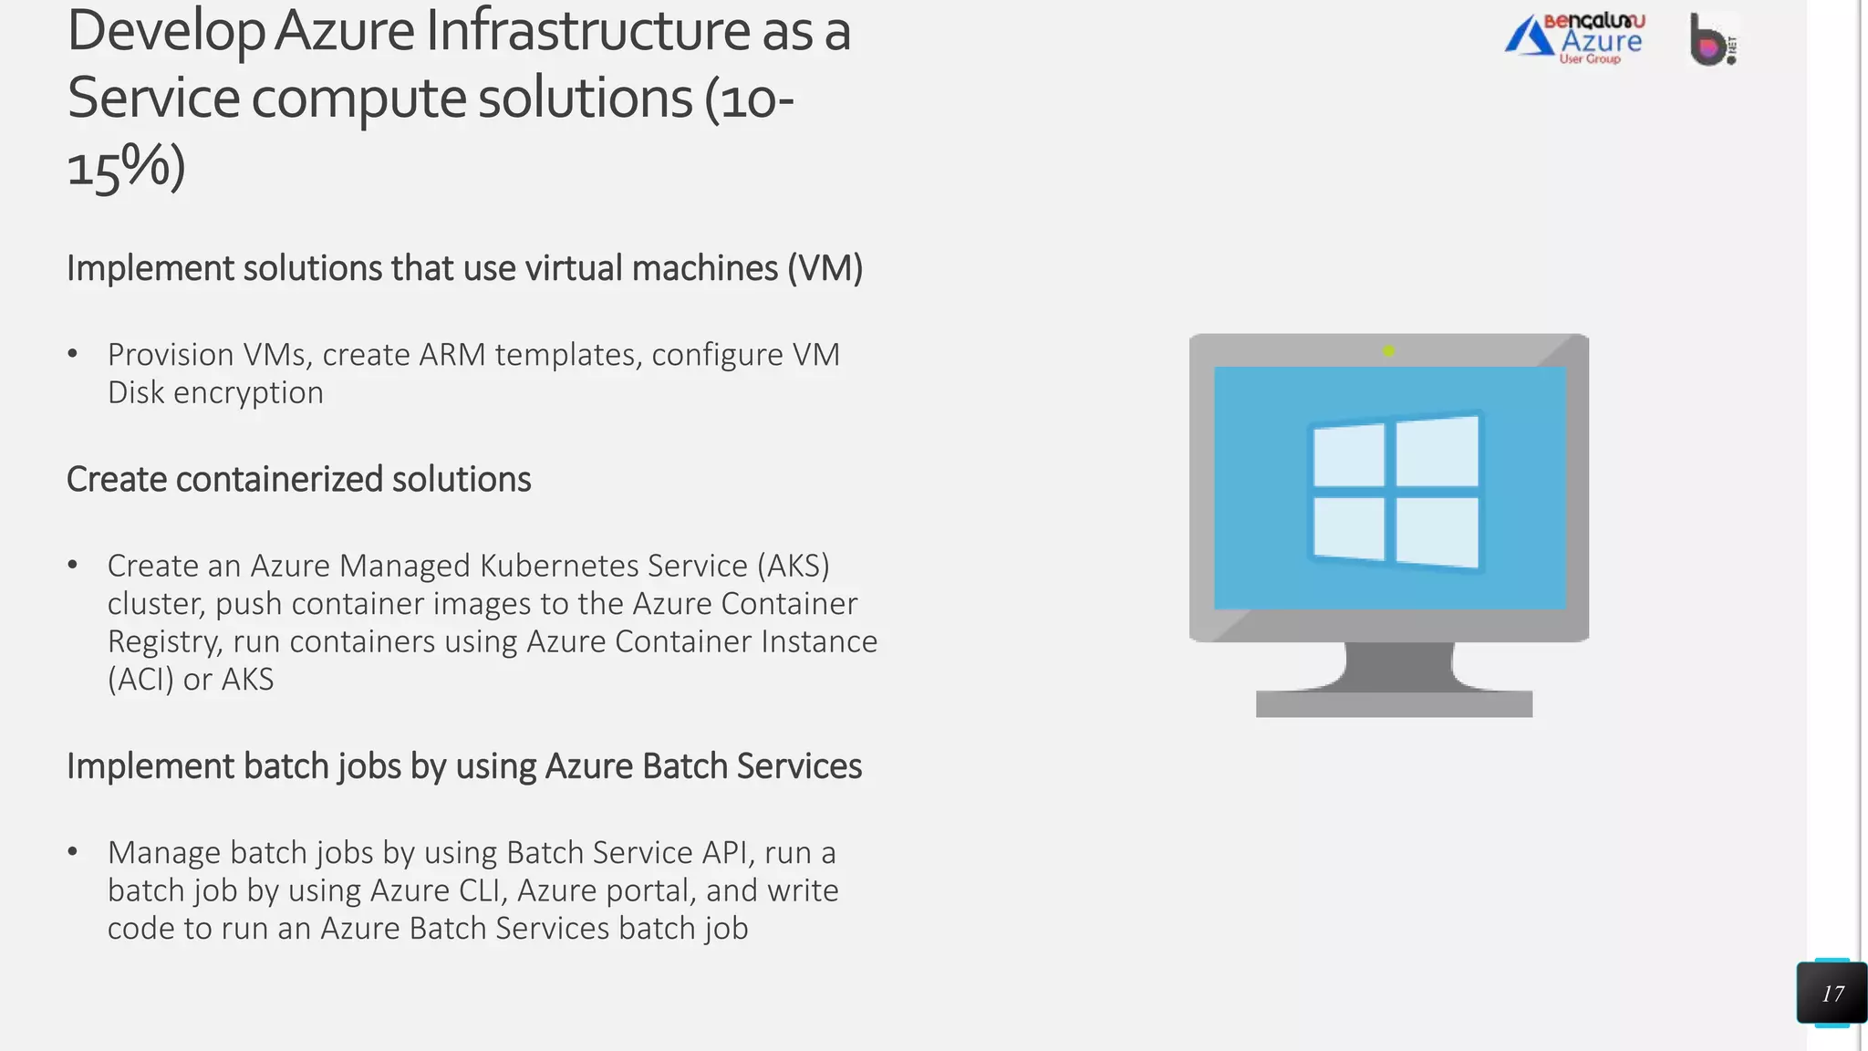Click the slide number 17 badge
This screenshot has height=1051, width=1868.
click(1832, 994)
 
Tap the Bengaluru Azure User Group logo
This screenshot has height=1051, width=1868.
click(1575, 39)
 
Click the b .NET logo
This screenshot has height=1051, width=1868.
click(1713, 40)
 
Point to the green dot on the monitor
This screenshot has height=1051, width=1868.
click(1388, 350)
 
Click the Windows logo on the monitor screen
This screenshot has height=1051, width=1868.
click(1395, 491)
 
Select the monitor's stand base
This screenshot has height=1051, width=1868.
click(1394, 703)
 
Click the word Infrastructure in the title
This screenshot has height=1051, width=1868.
click(588, 31)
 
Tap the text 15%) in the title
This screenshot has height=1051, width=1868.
click(126, 167)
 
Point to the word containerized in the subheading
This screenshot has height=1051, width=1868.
click(279, 480)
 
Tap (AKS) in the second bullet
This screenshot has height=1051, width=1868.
click(793, 567)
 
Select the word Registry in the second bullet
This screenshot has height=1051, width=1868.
click(164, 642)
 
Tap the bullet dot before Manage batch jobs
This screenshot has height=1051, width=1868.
click(73, 852)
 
